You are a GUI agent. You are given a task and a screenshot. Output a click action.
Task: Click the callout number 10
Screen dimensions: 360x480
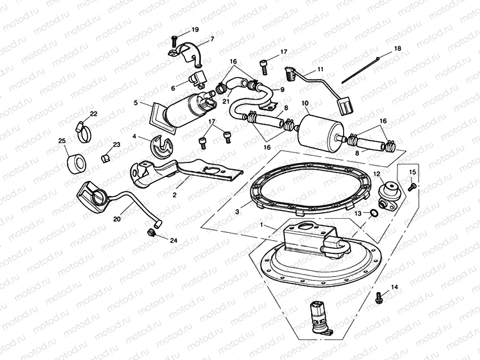tap(305, 103)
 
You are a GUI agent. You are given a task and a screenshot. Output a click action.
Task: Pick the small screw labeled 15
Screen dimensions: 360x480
tap(411, 186)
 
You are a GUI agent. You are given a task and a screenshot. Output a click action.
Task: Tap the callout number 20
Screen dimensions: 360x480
tap(116, 219)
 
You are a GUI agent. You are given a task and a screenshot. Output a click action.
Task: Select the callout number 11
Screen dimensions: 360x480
tap(320, 69)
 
